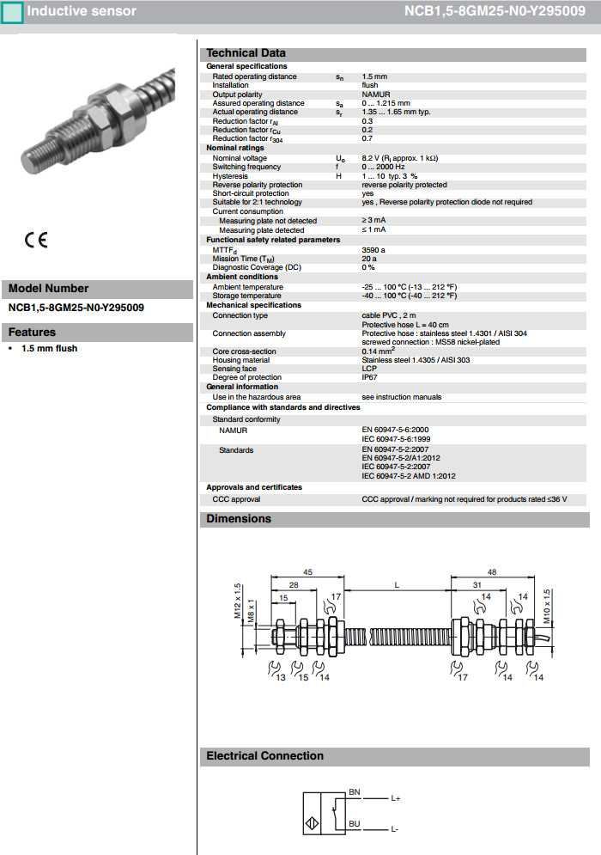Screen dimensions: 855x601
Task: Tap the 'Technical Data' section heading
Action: click(246, 53)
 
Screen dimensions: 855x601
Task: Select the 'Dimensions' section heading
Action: click(239, 519)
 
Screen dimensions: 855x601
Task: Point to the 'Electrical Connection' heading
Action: click(264, 756)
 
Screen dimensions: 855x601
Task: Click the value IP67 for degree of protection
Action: click(369, 377)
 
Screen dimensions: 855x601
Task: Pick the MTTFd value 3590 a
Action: click(373, 250)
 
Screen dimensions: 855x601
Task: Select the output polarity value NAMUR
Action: click(376, 95)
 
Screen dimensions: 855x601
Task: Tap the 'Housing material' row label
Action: click(240, 360)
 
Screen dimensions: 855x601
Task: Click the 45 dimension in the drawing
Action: click(307, 571)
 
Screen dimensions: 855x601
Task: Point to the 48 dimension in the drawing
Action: click(492, 571)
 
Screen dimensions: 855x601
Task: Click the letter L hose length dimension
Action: click(397, 585)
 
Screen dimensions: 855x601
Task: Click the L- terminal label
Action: click(395, 829)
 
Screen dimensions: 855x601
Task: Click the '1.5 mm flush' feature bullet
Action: click(49, 349)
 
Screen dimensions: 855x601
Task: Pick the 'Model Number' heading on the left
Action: click(48, 289)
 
